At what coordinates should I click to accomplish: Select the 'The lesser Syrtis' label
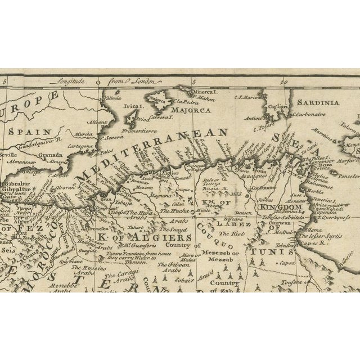tap(324, 236)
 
